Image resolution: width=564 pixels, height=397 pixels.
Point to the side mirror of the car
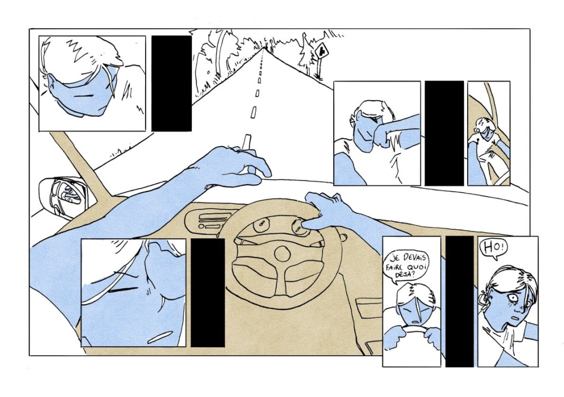pos(64,196)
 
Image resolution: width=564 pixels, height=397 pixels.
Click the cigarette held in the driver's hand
pos(248,151)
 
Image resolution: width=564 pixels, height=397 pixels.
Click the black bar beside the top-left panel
pos(171,84)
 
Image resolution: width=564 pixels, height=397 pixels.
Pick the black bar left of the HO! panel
pos(459,301)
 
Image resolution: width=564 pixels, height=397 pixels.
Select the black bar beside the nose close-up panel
pos(208,293)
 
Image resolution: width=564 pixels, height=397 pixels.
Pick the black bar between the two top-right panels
pos(444,133)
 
